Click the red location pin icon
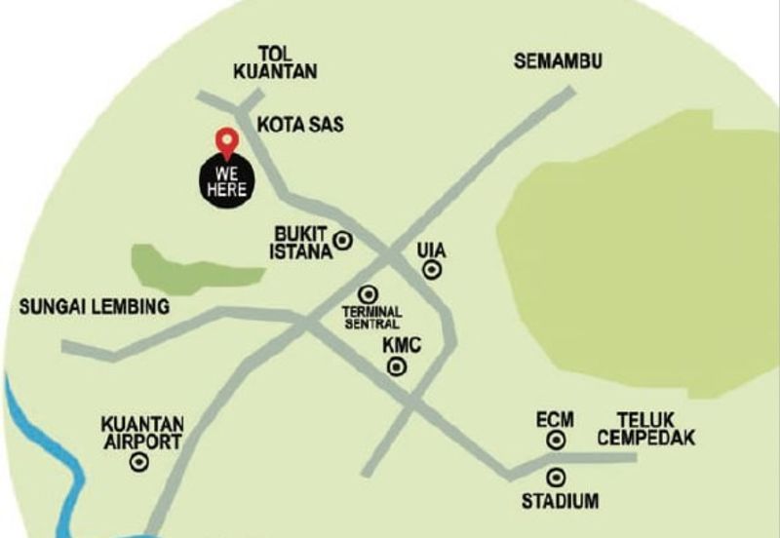(226, 142)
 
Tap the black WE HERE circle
(226, 181)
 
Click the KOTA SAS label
(300, 125)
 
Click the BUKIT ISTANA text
(301, 242)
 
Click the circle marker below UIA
(432, 271)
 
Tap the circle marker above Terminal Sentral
(369, 292)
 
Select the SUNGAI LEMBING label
(94, 307)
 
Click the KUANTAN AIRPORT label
(141, 434)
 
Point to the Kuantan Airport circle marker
(139, 464)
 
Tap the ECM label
(555, 419)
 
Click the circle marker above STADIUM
(557, 478)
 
